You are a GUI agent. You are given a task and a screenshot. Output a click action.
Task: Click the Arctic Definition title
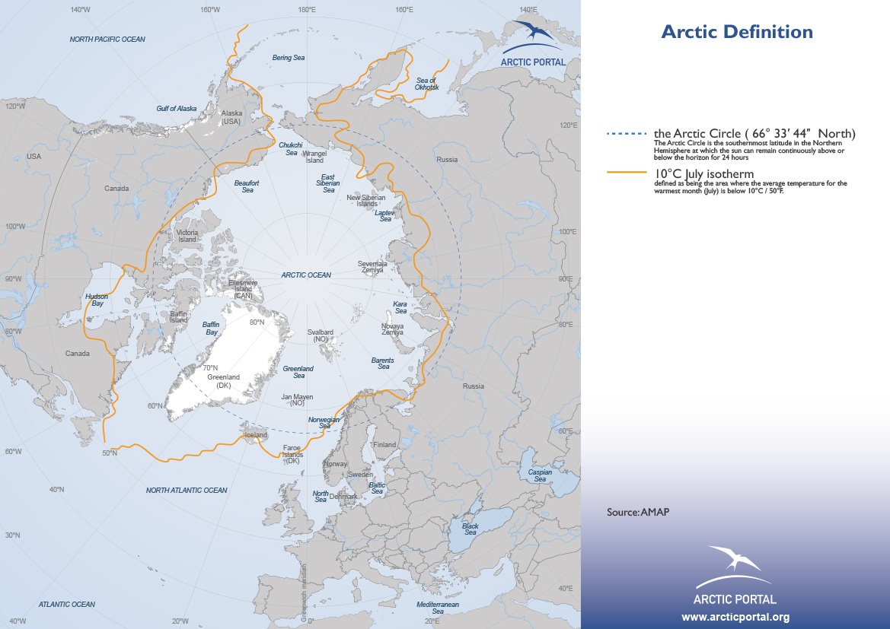pos(736,32)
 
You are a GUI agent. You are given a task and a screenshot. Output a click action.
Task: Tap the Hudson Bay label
pos(96,299)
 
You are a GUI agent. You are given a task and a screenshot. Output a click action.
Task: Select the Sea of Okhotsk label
pos(427,84)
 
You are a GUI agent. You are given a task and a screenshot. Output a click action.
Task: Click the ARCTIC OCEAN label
pos(306,275)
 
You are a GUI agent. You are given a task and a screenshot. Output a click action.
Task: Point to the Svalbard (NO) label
pos(320,336)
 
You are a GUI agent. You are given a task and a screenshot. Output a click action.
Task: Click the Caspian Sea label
pos(540,475)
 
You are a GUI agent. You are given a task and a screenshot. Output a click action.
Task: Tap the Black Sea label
pos(471,529)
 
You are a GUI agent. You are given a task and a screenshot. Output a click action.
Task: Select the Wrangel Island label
pos(315,157)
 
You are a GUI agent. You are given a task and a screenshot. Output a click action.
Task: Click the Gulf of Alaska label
pos(177,109)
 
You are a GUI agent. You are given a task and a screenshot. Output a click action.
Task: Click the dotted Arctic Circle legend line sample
pos(627,135)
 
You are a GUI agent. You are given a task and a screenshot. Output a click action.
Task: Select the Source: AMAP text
pos(638,513)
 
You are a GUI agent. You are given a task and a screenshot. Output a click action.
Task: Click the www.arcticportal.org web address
pos(735,616)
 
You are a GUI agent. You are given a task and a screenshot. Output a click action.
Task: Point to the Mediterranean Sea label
pos(438,607)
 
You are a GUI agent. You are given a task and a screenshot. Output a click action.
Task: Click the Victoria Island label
pos(187,236)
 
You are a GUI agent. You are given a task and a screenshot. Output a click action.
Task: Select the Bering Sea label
pos(289,58)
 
